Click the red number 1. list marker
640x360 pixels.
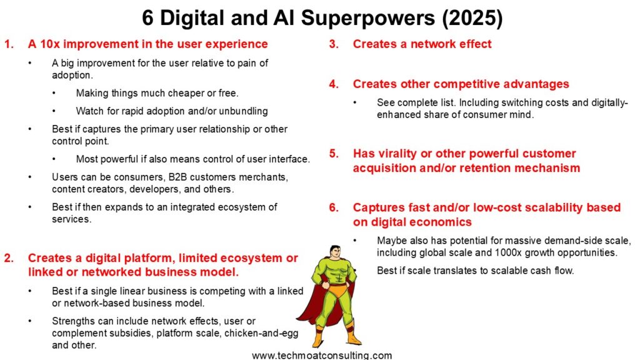click(x=9, y=44)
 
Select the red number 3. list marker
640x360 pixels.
click(x=334, y=44)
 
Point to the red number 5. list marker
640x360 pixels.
click(x=334, y=154)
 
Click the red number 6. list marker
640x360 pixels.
click(x=334, y=207)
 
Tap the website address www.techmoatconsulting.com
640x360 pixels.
click(x=322, y=356)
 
